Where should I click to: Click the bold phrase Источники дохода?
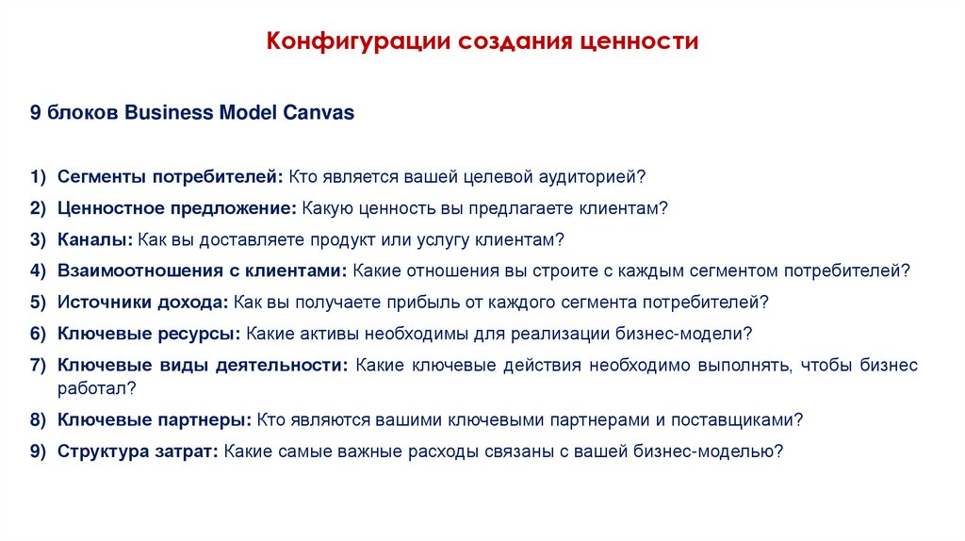pos(143,303)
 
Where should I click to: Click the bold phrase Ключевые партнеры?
pos(154,419)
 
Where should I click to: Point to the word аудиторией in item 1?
pos(592,177)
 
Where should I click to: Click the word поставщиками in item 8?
pos(750,419)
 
